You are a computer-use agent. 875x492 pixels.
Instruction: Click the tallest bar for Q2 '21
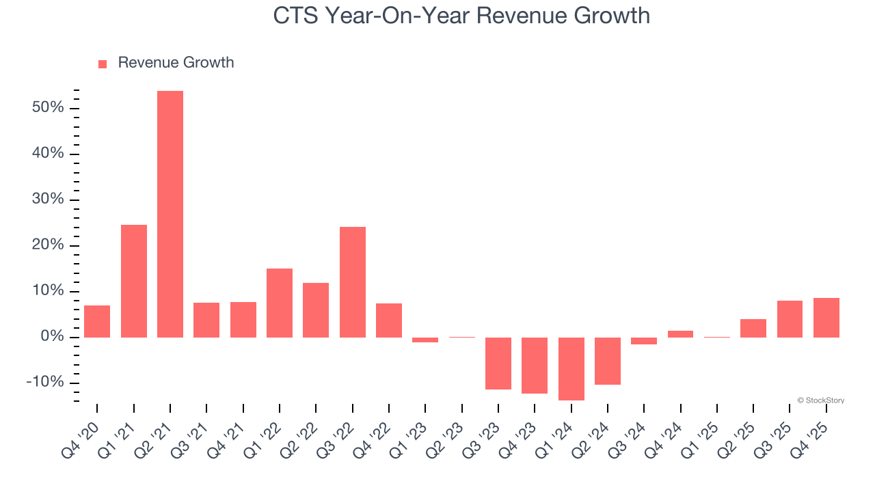click(x=170, y=214)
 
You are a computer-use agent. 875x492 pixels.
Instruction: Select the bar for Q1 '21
click(x=134, y=281)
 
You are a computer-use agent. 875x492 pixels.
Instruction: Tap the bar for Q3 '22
click(x=353, y=282)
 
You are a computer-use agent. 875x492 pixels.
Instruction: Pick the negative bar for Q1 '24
click(x=571, y=368)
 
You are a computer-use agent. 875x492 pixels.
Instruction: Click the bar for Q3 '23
click(x=498, y=363)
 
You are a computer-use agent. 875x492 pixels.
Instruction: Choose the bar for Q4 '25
click(x=826, y=317)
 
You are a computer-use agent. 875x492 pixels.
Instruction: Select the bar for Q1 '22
click(x=280, y=303)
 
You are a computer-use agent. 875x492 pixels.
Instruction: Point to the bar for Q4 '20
click(x=97, y=321)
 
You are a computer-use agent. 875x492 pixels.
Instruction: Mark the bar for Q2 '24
click(x=608, y=361)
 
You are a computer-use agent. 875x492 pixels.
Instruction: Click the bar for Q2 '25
click(x=753, y=328)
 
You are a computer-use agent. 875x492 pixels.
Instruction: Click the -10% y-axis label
click(x=44, y=382)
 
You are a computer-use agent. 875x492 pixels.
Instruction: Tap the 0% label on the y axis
click(x=52, y=337)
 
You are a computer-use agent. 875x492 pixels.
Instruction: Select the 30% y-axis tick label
click(x=47, y=200)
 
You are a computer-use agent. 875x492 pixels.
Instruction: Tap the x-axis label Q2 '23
click(x=446, y=441)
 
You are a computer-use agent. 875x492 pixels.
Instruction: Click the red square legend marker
click(x=103, y=64)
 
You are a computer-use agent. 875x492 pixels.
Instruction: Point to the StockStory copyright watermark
click(x=820, y=400)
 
